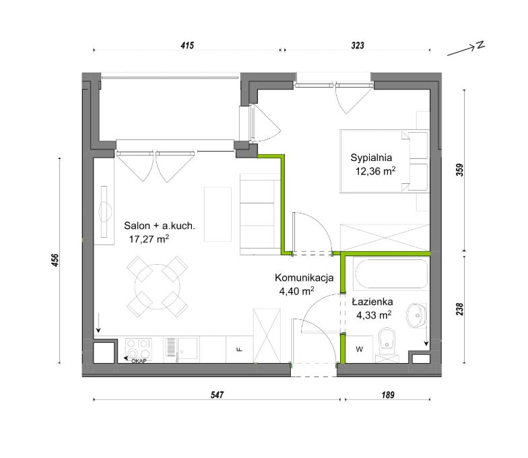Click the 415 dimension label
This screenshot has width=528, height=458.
click(x=187, y=45)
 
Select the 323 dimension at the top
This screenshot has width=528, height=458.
click(x=358, y=45)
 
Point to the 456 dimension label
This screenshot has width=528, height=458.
click(x=55, y=260)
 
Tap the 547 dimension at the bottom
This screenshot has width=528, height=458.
click(x=217, y=395)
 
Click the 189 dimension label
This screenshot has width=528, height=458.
click(x=388, y=395)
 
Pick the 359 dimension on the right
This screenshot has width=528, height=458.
click(x=460, y=170)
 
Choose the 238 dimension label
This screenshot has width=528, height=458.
click(x=460, y=309)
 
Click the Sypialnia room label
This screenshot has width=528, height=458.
click(x=371, y=158)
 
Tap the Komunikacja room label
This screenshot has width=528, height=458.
click(x=304, y=277)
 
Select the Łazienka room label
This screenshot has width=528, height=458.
click(x=372, y=302)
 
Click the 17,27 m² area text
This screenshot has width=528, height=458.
click(x=149, y=238)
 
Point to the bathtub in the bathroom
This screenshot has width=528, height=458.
click(x=391, y=273)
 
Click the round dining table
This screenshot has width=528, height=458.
click(x=158, y=287)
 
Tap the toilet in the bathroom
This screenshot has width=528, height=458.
click(x=387, y=343)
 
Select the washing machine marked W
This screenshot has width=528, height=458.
click(x=360, y=349)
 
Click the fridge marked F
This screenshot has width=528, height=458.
click(x=240, y=349)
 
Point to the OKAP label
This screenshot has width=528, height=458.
click(x=139, y=361)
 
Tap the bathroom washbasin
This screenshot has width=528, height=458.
click(x=417, y=315)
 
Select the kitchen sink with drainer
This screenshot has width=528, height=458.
click(x=181, y=347)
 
